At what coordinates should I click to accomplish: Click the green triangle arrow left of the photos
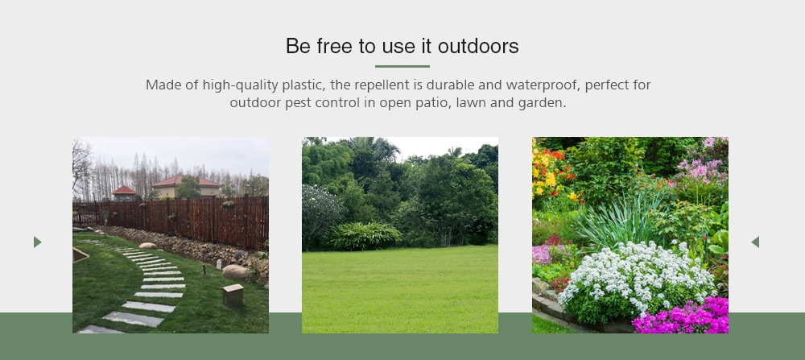pyautogui.click(x=37, y=242)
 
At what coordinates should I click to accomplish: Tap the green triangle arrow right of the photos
pyautogui.click(x=755, y=242)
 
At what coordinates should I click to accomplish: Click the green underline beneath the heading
pyautogui.click(x=402, y=66)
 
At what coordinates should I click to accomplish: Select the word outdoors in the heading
pyautogui.click(x=478, y=46)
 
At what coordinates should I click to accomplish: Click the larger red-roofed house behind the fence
pyautogui.click(x=185, y=186)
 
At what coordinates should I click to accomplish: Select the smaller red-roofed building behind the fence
pyautogui.click(x=126, y=193)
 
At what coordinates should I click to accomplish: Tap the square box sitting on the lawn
pyautogui.click(x=233, y=295)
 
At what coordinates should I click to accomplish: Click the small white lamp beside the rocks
pyautogui.click(x=218, y=264)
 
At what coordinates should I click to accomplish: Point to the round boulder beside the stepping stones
pyautogui.click(x=235, y=271)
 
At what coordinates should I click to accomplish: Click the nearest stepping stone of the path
pyautogui.click(x=100, y=329)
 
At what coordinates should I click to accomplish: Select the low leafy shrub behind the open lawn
pyautogui.click(x=364, y=236)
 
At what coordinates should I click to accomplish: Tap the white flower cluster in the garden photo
pyautogui.click(x=637, y=275)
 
